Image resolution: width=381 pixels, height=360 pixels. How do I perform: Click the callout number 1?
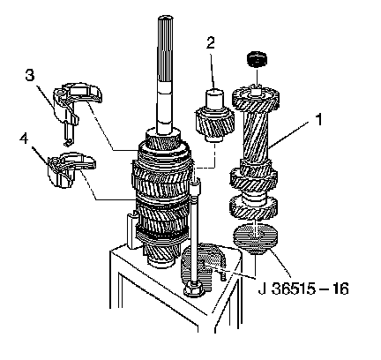[318, 119]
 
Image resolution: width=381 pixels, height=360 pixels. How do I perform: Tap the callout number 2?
[211, 42]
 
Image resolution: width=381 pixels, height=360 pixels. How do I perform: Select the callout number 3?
[29, 75]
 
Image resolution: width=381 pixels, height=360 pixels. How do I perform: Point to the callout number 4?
[24, 139]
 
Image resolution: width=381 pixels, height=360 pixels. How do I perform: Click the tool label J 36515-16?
[303, 289]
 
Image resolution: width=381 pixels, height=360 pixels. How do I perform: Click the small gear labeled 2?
[214, 116]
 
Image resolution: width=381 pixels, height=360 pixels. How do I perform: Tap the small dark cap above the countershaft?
[257, 59]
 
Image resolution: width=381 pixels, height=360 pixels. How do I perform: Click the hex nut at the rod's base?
[193, 289]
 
